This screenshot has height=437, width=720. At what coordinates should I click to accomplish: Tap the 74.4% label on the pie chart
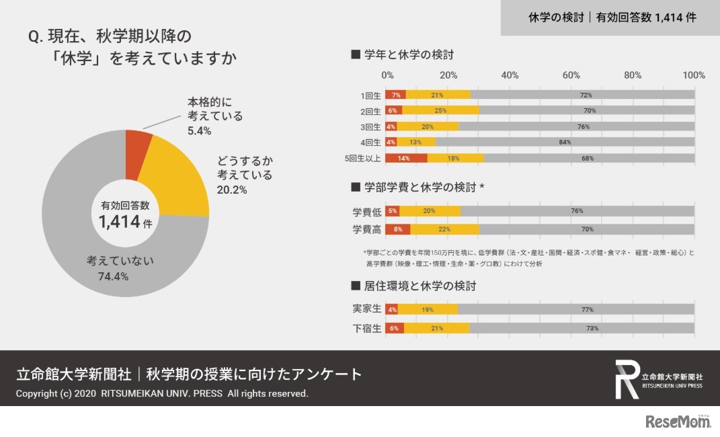pos(108,276)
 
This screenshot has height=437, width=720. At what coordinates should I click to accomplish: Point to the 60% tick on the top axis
pos(571,75)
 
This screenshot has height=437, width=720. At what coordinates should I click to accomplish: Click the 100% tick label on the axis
pos(693,75)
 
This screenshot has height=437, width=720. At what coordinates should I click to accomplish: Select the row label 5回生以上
pos(363,159)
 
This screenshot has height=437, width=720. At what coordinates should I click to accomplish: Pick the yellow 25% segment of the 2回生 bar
pos(440,110)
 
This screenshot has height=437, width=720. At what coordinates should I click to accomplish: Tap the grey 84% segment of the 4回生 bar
pos(565,142)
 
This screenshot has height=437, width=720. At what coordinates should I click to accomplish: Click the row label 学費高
pos(367,230)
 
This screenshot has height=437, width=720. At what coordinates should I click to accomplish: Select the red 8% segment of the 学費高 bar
pos(397,229)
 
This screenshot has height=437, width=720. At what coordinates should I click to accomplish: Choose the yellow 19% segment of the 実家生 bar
pos(428,309)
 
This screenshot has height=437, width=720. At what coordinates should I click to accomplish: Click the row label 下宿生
pos(367,329)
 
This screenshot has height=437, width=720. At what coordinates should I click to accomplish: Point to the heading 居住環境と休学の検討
pos(413,286)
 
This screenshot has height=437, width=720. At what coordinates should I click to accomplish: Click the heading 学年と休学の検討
pos(407,54)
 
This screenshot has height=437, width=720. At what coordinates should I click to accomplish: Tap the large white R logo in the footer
pos(627,379)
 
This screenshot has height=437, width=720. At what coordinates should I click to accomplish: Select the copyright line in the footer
pos(161,393)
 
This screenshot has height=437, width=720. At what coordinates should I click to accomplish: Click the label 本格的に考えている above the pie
pos(215,109)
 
